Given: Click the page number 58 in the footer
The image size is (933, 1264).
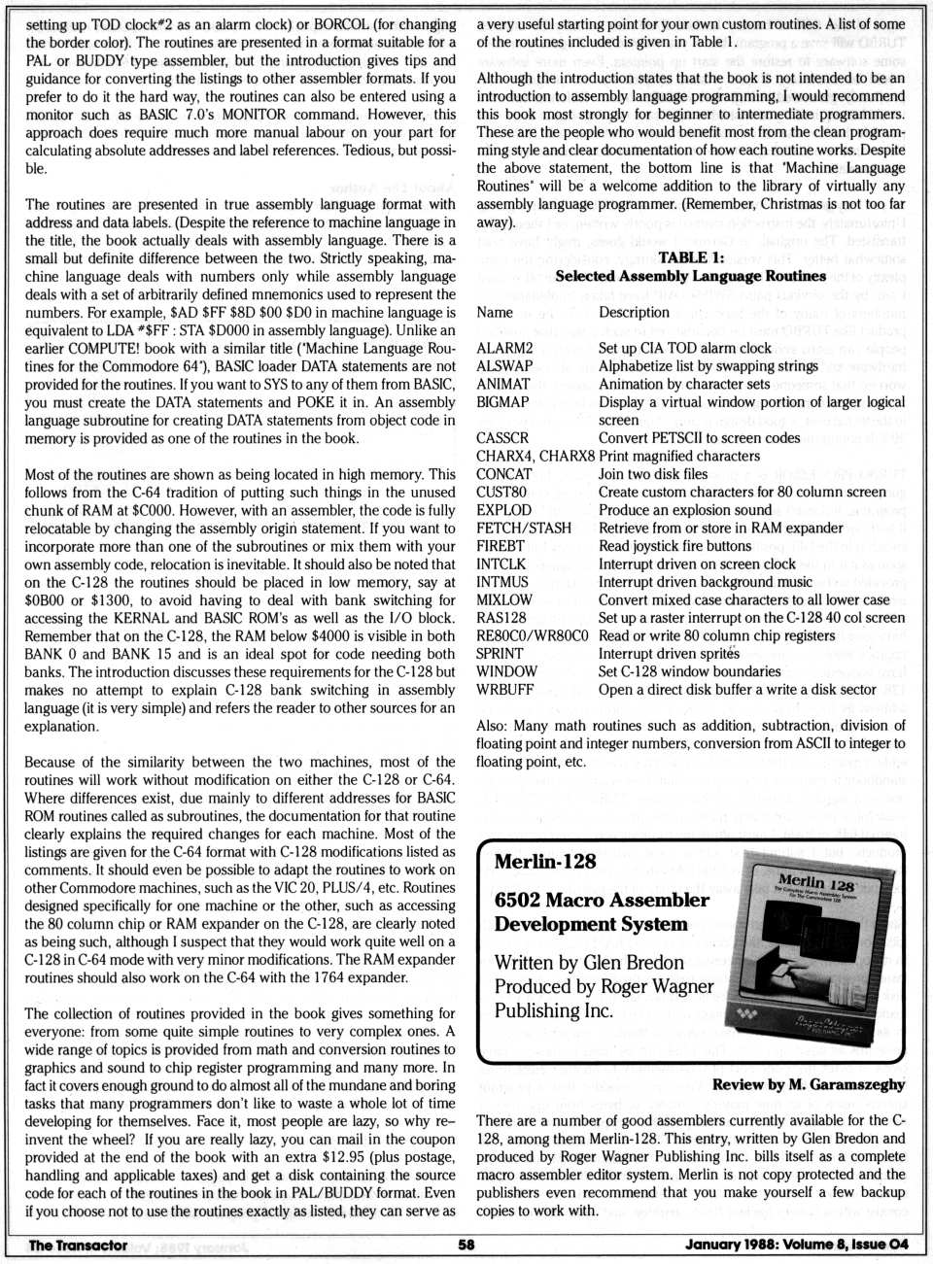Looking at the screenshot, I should [x=466, y=1245].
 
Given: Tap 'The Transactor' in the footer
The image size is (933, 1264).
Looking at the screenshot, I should [x=78, y=1245].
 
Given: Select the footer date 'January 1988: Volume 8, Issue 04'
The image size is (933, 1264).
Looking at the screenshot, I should [x=796, y=1245].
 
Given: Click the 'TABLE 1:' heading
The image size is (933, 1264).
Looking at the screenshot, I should [x=690, y=257].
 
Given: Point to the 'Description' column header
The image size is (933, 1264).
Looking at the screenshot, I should [x=634, y=312].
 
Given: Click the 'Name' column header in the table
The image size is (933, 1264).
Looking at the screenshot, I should [x=495, y=312].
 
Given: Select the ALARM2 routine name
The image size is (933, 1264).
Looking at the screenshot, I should [x=504, y=348].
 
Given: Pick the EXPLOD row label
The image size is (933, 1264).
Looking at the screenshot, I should [x=504, y=510].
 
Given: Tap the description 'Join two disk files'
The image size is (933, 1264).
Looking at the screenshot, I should [x=653, y=474].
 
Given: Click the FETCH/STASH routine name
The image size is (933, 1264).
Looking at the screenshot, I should [x=524, y=528].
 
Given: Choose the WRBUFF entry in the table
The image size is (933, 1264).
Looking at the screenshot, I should [x=505, y=690].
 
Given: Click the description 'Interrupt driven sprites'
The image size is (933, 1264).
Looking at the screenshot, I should [x=670, y=654].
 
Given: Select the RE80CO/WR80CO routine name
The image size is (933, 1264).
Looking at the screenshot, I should [x=532, y=635].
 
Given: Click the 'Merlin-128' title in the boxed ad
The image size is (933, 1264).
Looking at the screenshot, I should [x=545, y=862].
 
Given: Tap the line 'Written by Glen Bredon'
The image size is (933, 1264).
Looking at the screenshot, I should [x=589, y=963].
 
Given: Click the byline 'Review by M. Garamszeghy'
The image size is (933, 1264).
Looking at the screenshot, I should [x=808, y=1084].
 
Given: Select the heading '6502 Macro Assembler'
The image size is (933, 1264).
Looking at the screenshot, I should [x=602, y=900].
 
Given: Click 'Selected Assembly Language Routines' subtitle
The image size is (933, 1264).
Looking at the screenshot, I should [x=690, y=276].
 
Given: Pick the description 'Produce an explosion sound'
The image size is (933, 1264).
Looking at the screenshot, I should [x=685, y=510].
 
